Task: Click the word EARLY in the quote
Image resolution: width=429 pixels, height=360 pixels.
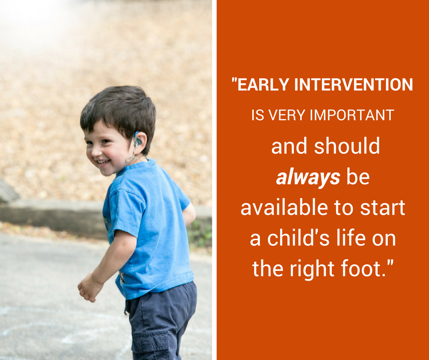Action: pos(263,85)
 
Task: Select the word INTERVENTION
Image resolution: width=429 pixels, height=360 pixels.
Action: pos(354,85)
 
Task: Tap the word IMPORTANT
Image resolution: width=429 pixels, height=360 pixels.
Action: pos(352,115)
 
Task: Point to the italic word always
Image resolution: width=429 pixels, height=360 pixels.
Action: pos(308,178)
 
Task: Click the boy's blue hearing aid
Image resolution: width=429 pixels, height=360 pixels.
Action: pos(137,140)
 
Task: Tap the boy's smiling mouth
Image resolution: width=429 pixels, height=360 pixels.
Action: pos(103,163)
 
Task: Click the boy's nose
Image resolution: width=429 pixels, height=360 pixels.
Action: pos(95,150)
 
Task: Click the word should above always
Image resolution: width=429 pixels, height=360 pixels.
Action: pos(347,146)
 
